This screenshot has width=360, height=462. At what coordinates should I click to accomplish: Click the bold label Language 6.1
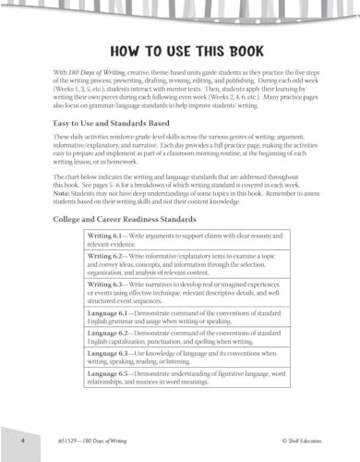click(110, 319)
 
